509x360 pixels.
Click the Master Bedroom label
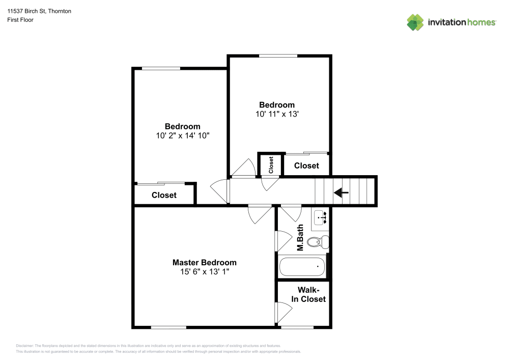[x=204, y=263]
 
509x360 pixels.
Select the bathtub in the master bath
[x=302, y=266]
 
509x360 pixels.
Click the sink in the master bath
[x=321, y=217]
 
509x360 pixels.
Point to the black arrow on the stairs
[x=341, y=192]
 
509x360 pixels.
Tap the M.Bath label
[x=300, y=238]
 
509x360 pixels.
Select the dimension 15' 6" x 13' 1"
[x=204, y=272]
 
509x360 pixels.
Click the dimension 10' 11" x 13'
[x=277, y=115]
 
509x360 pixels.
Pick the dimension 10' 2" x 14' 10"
[x=182, y=136]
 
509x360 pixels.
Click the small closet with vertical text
[x=271, y=164]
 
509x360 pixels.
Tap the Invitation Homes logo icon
[x=415, y=22]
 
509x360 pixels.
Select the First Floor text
[x=20, y=20]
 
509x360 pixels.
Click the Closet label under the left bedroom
[x=164, y=195]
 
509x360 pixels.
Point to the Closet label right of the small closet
[x=306, y=165]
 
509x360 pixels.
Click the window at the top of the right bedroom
[x=278, y=56]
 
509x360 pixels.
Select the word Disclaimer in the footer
[x=25, y=346]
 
